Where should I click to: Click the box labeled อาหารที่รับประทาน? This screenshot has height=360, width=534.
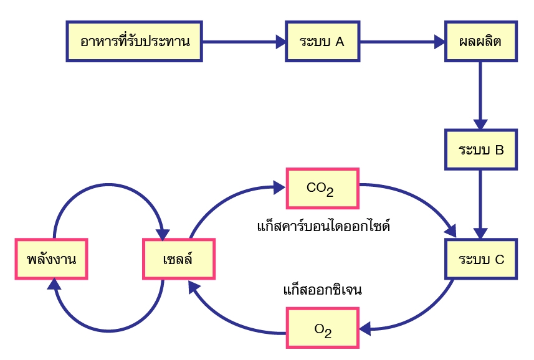tap(135, 42)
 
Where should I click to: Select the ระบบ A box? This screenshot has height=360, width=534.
tap(322, 42)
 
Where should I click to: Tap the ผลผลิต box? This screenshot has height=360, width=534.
tap(480, 42)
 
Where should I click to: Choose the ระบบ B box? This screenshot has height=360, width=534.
tap(480, 149)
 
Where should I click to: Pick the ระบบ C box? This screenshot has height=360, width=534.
tap(480, 259)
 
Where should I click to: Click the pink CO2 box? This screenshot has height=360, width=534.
tap(322, 187)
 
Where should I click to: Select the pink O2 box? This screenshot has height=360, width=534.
tap(323, 329)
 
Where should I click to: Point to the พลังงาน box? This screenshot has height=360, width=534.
tap(52, 259)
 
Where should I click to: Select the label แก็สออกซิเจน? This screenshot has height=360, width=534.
tap(322, 290)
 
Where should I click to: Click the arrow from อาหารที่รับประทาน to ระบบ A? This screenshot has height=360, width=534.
tap(244, 42)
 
